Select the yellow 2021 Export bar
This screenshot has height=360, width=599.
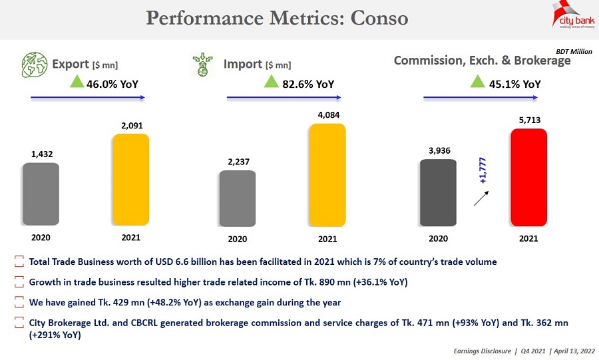(x=130, y=180)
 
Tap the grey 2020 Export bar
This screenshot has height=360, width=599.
(x=41, y=194)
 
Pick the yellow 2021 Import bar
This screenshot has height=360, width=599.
(x=327, y=175)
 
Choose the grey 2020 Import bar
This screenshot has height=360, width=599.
(x=237, y=198)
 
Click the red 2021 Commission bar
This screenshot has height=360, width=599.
(x=528, y=178)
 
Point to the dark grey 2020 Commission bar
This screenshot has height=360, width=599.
(x=438, y=192)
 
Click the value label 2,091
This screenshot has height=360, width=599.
(x=132, y=125)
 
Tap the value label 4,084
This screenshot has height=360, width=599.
(x=327, y=115)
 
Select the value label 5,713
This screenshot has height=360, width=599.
(x=529, y=120)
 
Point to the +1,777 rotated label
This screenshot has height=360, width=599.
(x=483, y=170)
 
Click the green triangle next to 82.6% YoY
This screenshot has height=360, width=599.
(x=271, y=82)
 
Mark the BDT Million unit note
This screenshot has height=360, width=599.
(x=574, y=51)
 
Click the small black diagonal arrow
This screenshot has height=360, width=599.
(x=481, y=198)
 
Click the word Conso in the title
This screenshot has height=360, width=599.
(x=377, y=18)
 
